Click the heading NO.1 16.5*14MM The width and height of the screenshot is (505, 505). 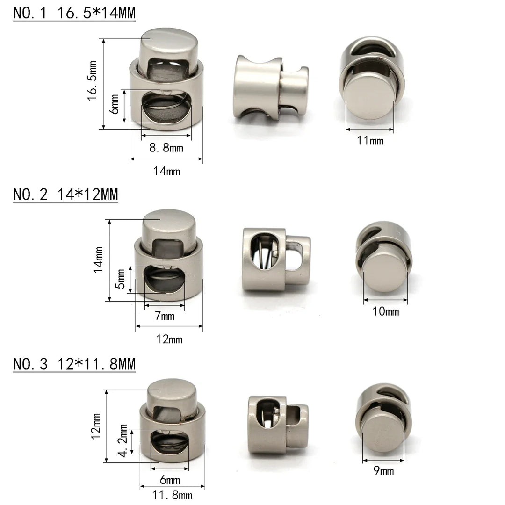(74, 13)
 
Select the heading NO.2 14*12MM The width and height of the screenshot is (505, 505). (65, 194)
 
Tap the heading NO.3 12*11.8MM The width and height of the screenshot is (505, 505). (74, 363)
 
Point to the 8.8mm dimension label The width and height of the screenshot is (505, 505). (166, 148)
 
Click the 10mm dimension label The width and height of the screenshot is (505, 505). (386, 311)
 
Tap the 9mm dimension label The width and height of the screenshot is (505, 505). (384, 470)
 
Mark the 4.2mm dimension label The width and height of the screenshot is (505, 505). (123, 440)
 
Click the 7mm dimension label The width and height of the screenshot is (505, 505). (164, 317)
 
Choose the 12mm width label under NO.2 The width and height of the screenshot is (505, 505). (169, 339)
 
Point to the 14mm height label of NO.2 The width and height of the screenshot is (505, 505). (98, 260)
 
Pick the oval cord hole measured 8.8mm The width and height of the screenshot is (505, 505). (166, 106)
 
